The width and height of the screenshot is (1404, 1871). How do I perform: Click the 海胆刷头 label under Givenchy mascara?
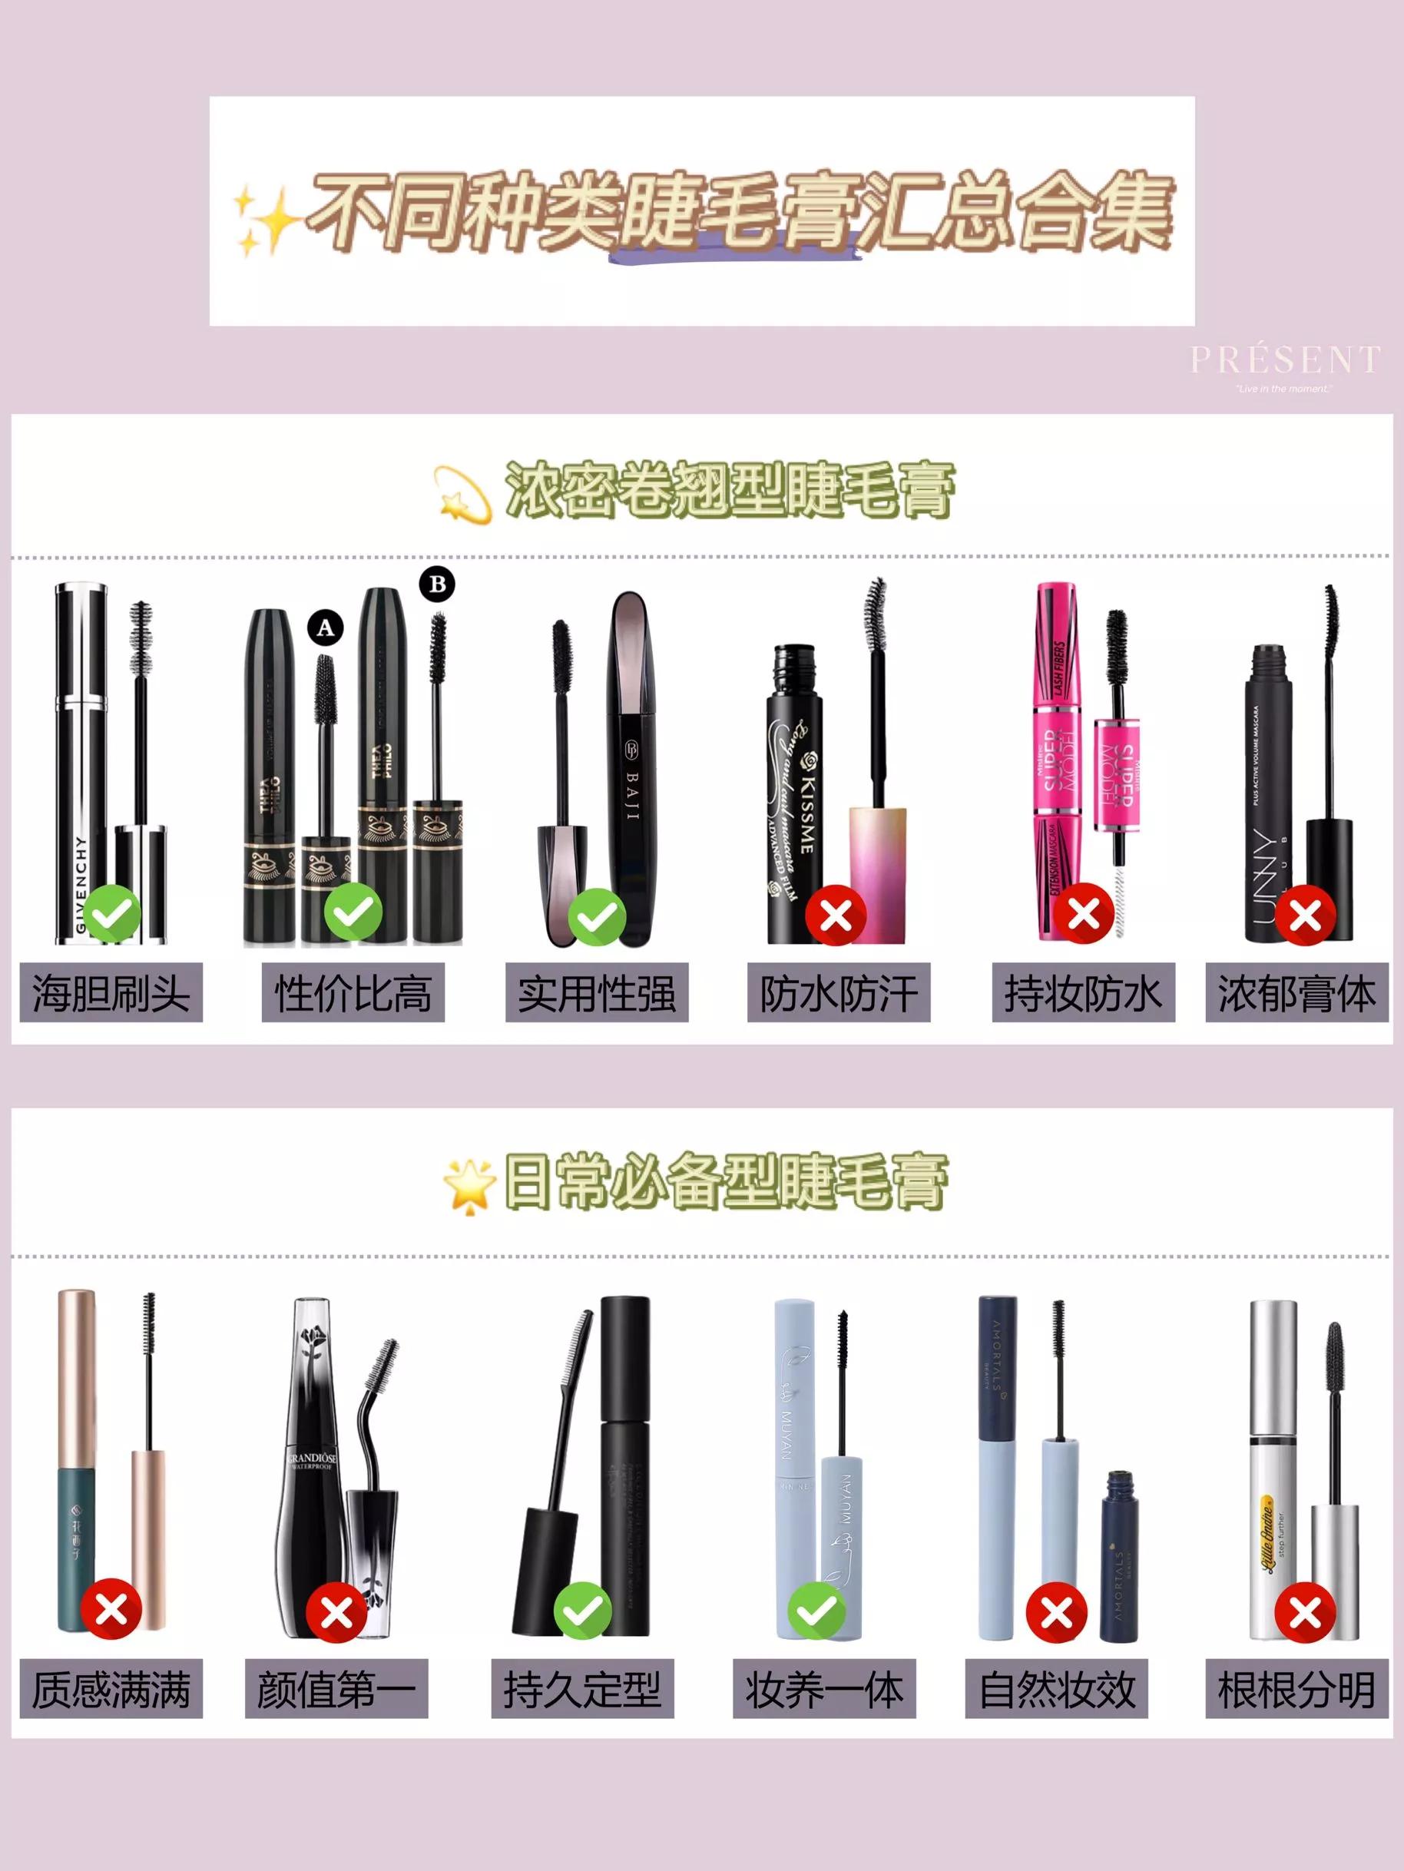click(x=111, y=992)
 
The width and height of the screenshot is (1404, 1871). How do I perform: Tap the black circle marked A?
click(x=326, y=628)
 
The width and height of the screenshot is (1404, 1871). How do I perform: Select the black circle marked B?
click(x=437, y=584)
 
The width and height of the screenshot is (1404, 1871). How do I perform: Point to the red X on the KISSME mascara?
click(x=836, y=914)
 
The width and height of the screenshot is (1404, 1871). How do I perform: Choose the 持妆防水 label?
click(x=1083, y=992)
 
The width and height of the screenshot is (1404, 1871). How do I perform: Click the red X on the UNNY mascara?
click(x=1305, y=914)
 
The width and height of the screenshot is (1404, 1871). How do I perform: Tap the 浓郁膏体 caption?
click(x=1296, y=992)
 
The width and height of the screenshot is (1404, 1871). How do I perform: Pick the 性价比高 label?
click(x=353, y=992)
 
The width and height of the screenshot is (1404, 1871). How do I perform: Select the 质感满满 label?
click(x=111, y=1689)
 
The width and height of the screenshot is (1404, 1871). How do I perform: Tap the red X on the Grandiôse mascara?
click(x=336, y=1613)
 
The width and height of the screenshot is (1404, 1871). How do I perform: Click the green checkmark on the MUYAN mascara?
click(x=817, y=1611)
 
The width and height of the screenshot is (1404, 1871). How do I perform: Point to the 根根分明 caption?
click(x=1296, y=1689)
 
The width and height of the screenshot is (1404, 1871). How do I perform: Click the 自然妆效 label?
click(x=1058, y=1689)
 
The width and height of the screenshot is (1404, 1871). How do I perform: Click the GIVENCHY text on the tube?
click(x=82, y=885)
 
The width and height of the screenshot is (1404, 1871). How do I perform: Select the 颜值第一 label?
click(x=336, y=1689)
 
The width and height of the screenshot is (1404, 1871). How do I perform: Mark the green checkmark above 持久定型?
click(x=583, y=1611)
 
